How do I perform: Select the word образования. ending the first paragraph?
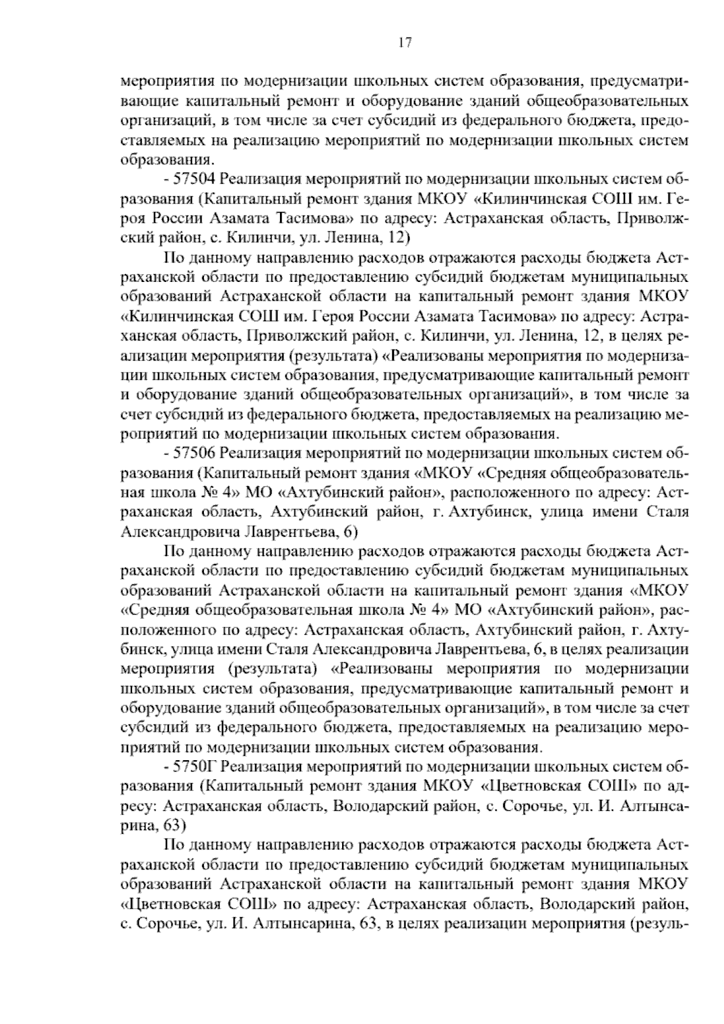tap(167, 160)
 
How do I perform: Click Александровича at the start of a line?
tap(181, 531)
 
